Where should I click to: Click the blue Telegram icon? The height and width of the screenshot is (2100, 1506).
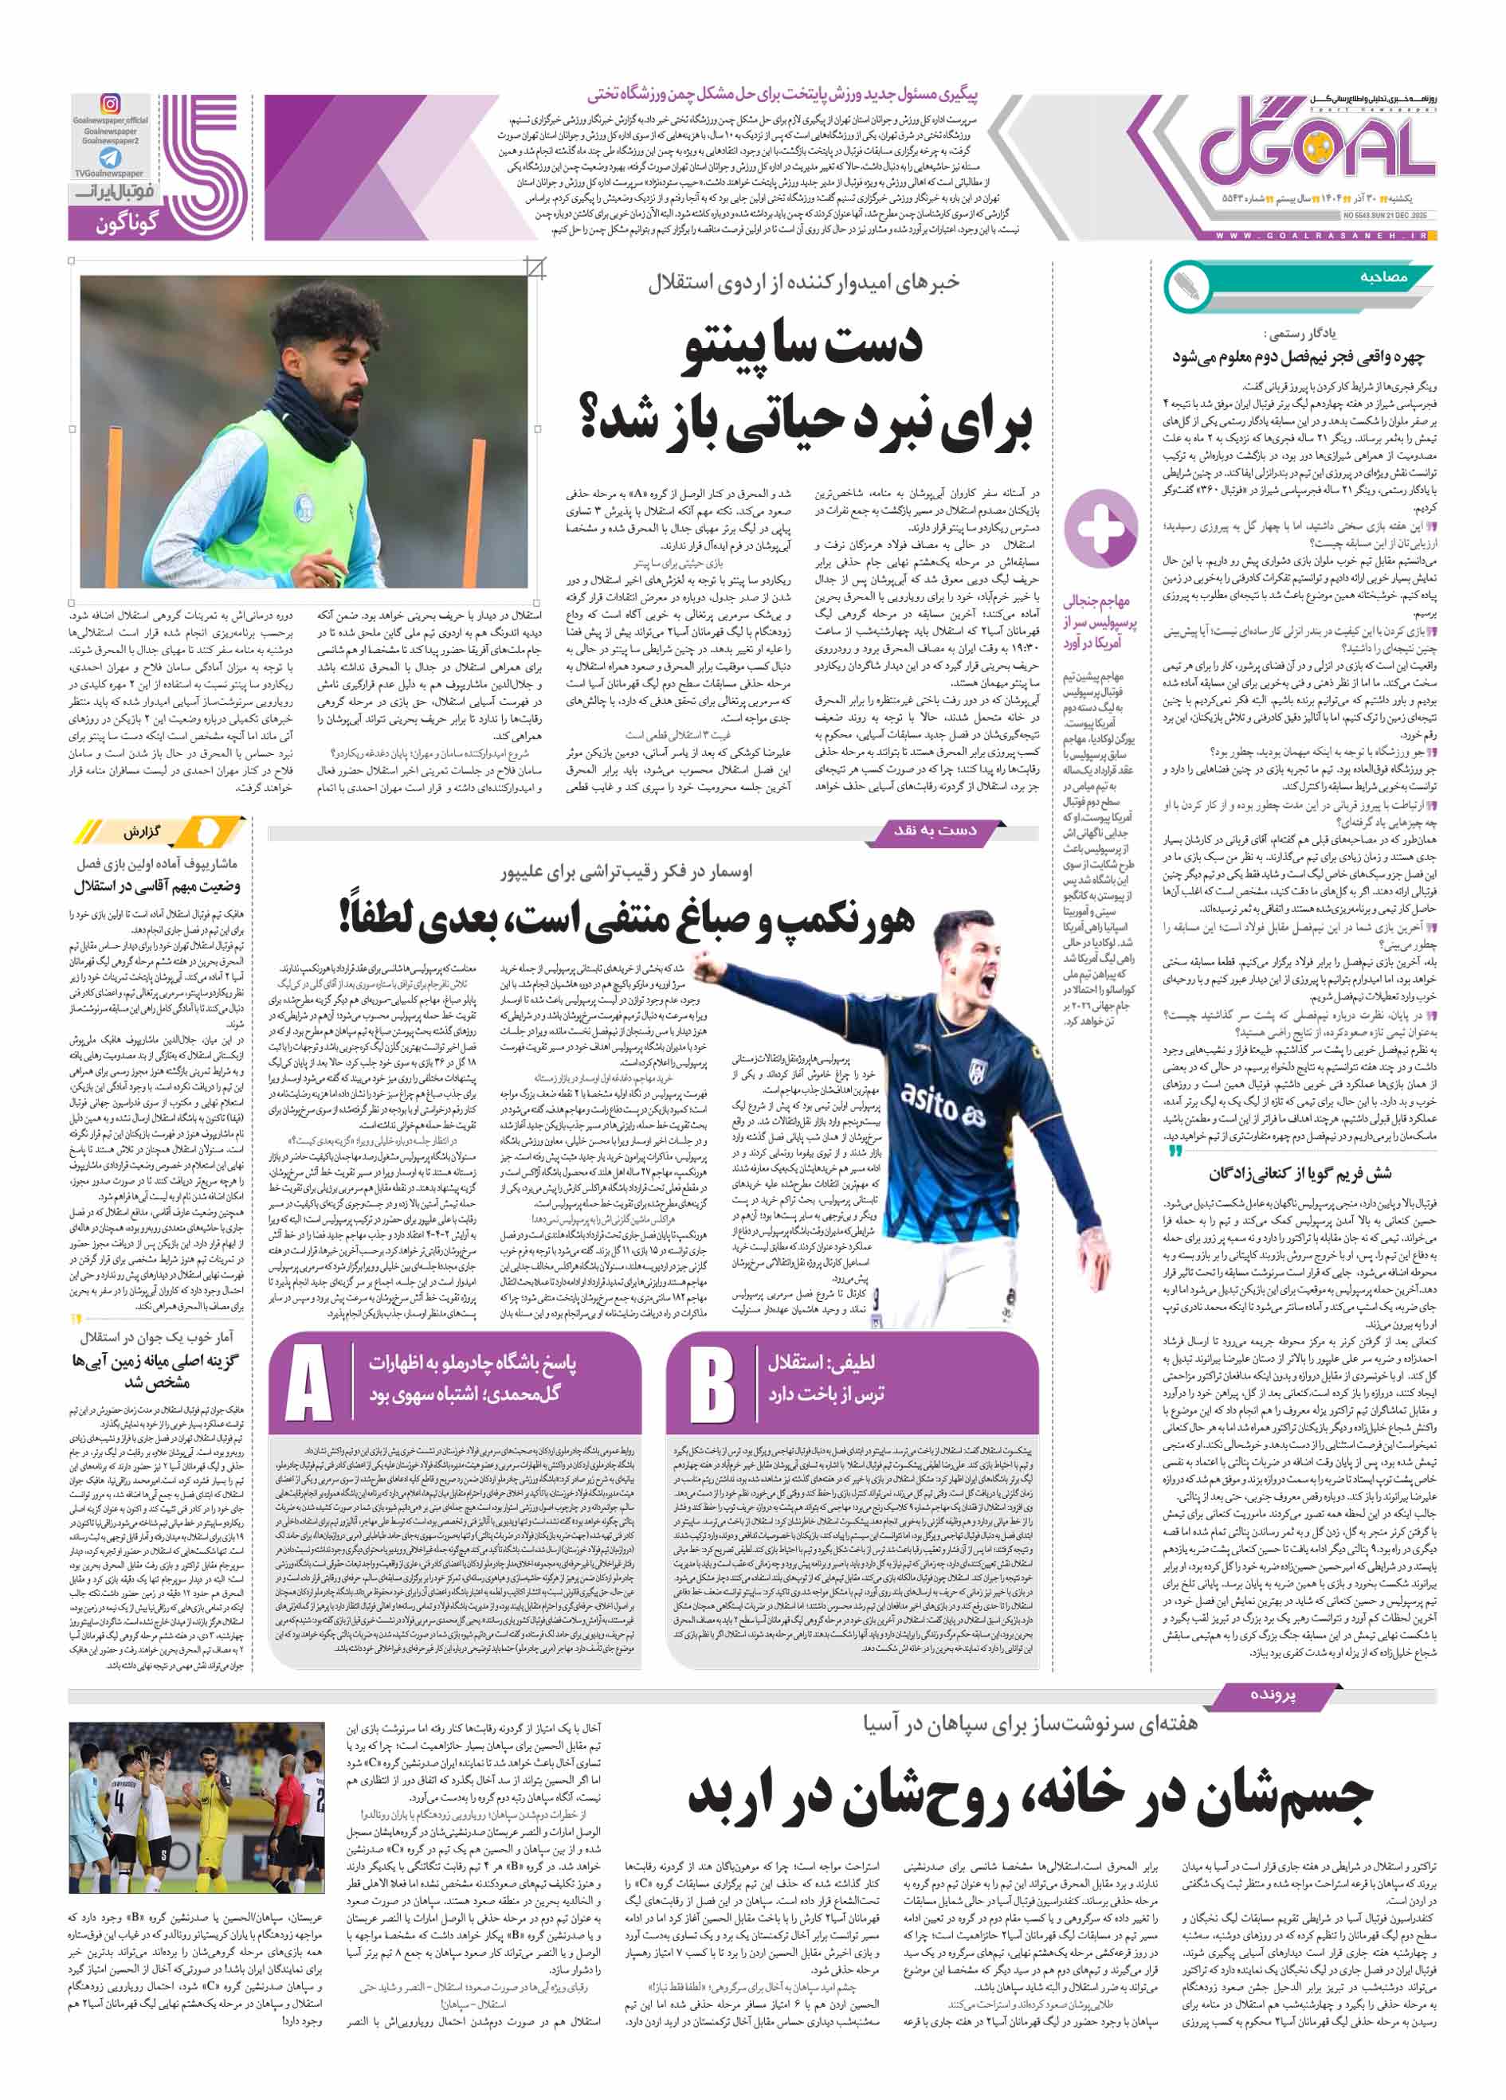(x=110, y=158)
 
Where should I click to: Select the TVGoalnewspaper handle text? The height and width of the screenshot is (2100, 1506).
(x=109, y=173)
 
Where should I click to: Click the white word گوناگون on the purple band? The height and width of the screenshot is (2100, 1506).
(x=126, y=224)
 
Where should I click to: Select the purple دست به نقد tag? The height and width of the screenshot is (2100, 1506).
(x=935, y=831)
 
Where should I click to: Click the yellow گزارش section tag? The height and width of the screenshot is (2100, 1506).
(x=143, y=832)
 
